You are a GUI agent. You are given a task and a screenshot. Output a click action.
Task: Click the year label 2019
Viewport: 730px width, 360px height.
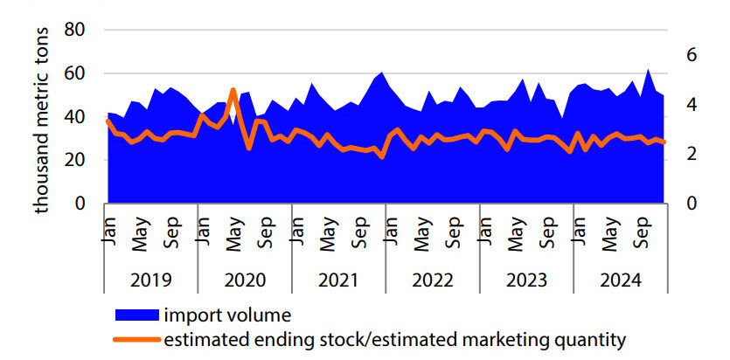(x=150, y=281)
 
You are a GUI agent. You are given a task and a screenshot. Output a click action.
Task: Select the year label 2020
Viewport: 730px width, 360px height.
(x=244, y=281)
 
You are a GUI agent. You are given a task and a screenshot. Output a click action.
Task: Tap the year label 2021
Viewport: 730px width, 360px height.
(x=338, y=281)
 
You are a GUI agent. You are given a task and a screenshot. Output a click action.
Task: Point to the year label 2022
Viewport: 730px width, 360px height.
(x=432, y=281)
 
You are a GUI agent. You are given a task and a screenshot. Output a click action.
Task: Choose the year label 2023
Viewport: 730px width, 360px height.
(x=525, y=281)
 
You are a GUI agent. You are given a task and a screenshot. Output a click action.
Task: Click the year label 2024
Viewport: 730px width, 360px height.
(x=620, y=281)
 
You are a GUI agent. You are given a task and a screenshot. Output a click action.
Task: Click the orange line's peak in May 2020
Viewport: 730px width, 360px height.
(x=233, y=90)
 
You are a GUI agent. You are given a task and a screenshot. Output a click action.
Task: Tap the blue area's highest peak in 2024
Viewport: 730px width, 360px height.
(x=648, y=70)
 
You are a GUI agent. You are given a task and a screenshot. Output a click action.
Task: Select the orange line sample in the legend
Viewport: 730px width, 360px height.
(x=136, y=337)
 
